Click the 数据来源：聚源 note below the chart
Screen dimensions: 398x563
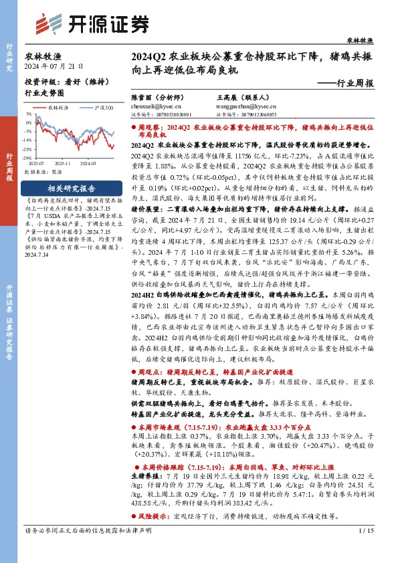(43, 172)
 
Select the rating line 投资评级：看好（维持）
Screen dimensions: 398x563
(58, 80)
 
